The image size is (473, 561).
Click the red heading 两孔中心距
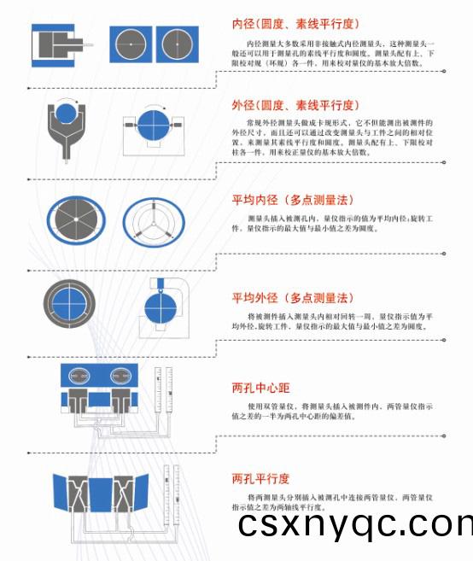point(261,387)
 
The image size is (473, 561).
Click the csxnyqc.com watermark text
point(354,523)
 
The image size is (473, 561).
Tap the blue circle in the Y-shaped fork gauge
point(66,114)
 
